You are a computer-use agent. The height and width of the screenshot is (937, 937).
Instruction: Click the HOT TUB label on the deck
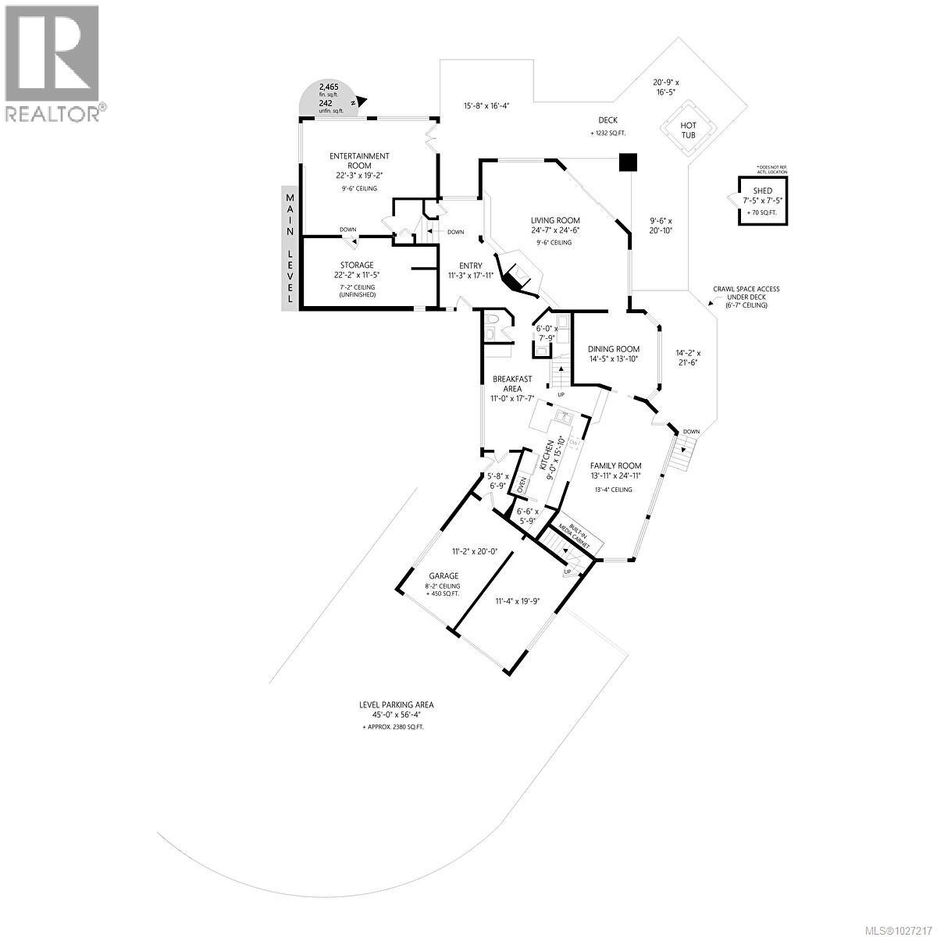(689, 130)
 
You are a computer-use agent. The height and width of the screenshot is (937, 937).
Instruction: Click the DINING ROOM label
(614, 349)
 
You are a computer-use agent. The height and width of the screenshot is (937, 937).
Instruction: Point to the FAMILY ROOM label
(615, 466)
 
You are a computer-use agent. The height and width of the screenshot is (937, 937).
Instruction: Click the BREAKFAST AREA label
(512, 383)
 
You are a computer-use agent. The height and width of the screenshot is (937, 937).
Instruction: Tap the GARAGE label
(443, 576)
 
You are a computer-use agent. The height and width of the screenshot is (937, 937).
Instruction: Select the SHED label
(762, 191)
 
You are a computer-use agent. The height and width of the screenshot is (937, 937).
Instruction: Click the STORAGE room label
(356, 265)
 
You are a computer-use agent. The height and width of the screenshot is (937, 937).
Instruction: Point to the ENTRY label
(471, 265)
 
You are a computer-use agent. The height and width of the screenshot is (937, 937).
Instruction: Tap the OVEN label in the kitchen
(522, 484)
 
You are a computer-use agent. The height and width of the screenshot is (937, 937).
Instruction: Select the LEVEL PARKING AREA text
(396, 704)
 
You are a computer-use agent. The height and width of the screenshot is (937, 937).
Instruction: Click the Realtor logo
(53, 62)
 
